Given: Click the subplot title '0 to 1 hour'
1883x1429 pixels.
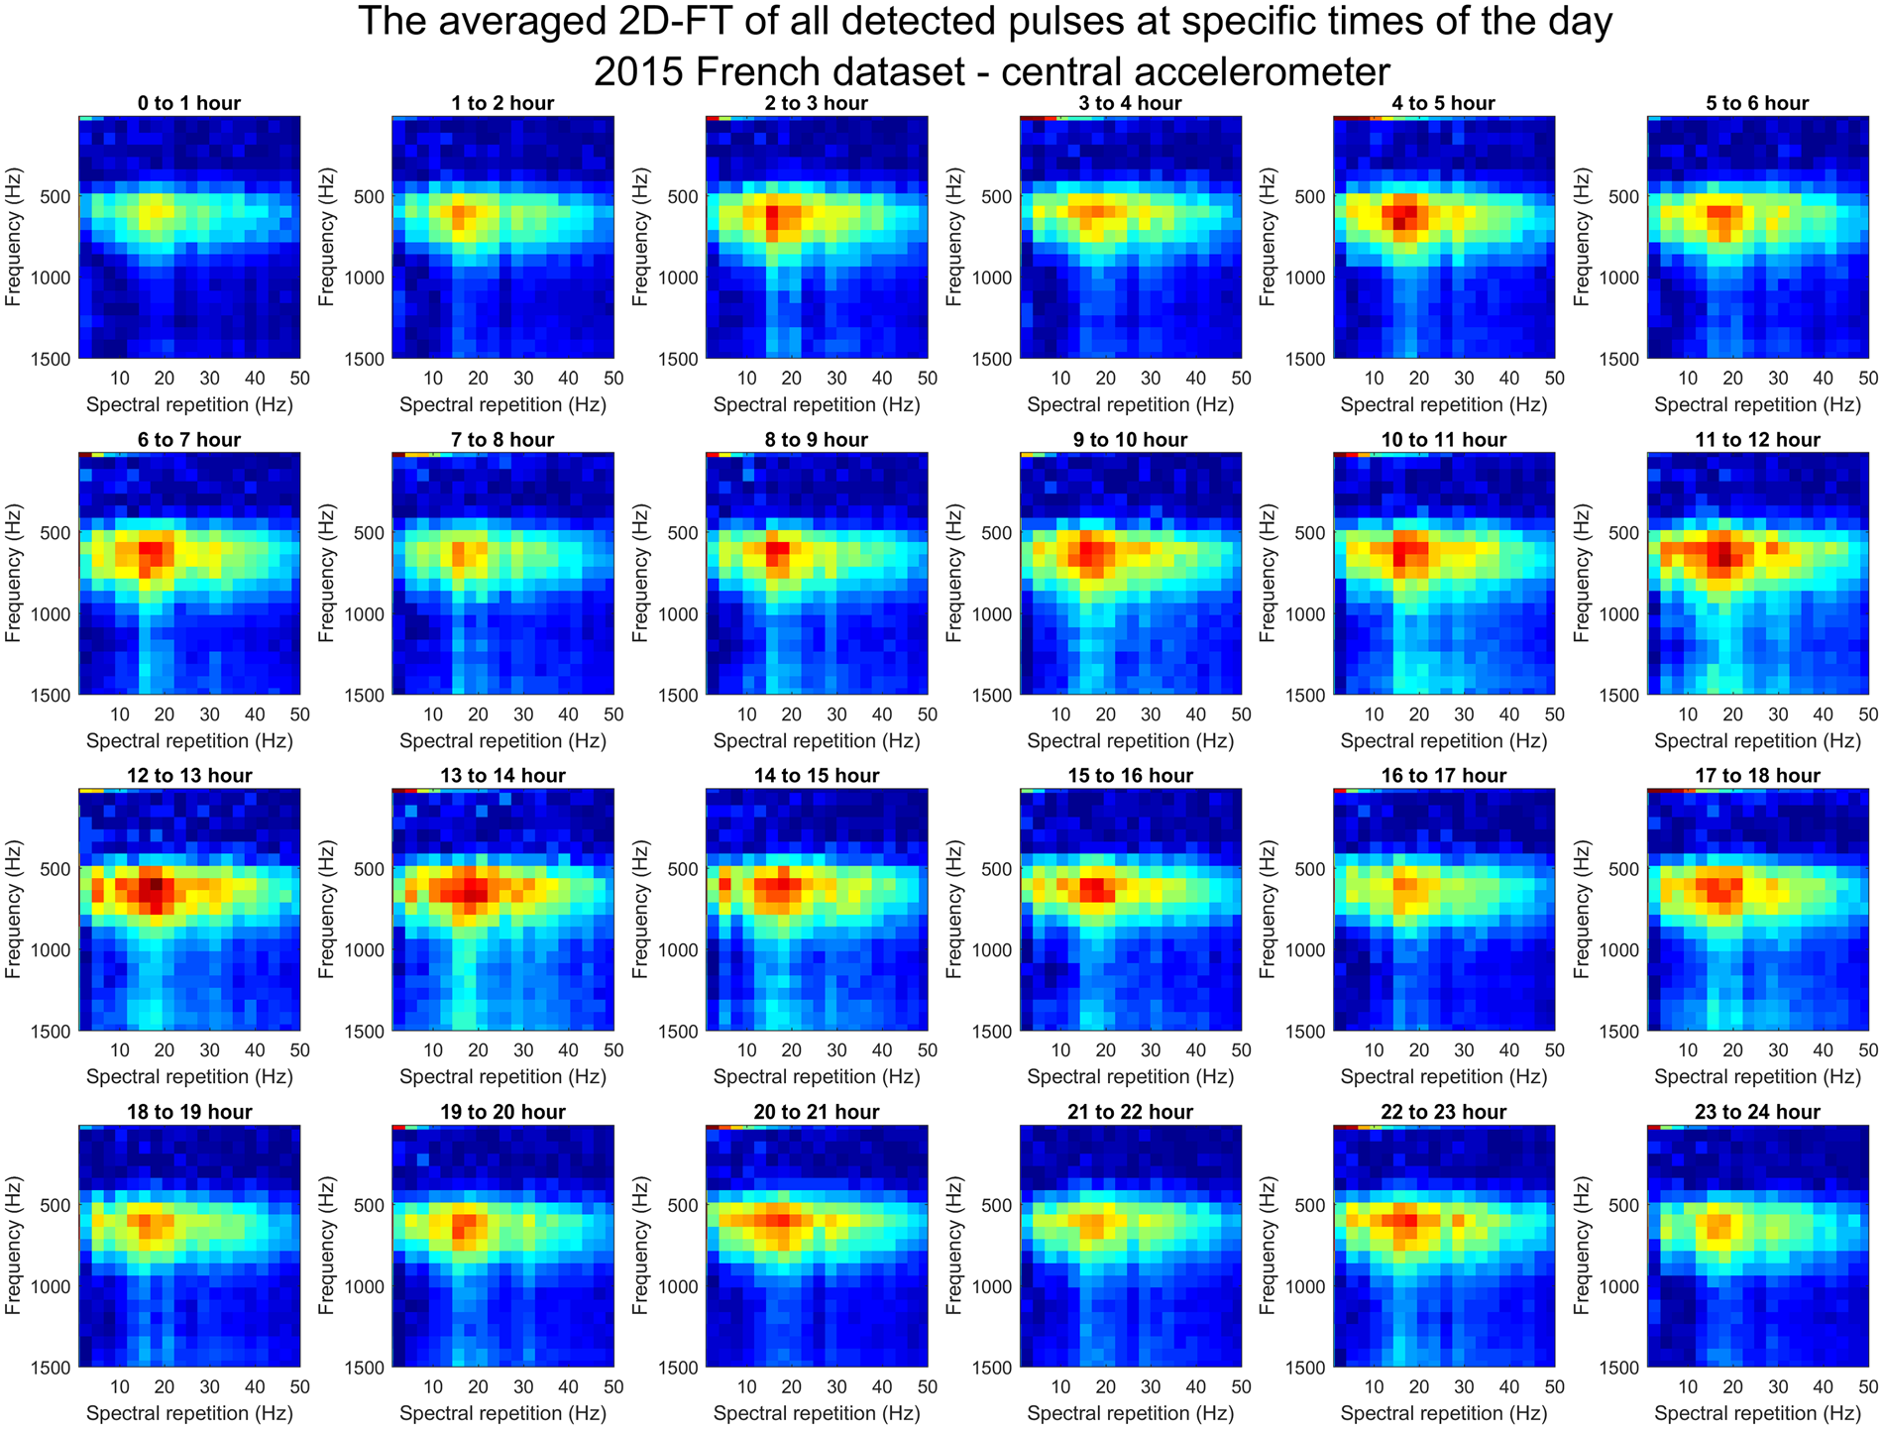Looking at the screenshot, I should point(189,103).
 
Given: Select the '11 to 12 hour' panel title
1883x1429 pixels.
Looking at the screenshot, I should point(1757,440).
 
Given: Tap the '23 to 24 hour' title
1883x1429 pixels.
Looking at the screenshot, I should point(1757,1112).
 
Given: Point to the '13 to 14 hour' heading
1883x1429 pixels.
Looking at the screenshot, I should point(502,776).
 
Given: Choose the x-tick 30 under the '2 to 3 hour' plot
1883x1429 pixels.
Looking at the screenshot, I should point(837,378).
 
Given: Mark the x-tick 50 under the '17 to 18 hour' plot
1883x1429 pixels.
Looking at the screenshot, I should point(1867,1050).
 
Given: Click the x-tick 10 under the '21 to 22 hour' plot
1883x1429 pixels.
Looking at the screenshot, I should point(1060,1386).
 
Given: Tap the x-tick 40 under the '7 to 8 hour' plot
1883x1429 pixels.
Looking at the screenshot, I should point(568,714).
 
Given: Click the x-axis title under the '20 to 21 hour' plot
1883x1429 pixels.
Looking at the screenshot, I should point(817,1413).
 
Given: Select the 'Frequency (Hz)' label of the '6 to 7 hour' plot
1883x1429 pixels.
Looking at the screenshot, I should point(14,574).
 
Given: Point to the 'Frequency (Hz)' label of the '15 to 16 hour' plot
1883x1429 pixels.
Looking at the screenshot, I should point(954,910).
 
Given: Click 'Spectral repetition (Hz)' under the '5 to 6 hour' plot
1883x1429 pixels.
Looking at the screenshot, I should point(1757,404).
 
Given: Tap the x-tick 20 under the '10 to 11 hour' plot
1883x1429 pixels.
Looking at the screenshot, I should point(1419,714).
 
